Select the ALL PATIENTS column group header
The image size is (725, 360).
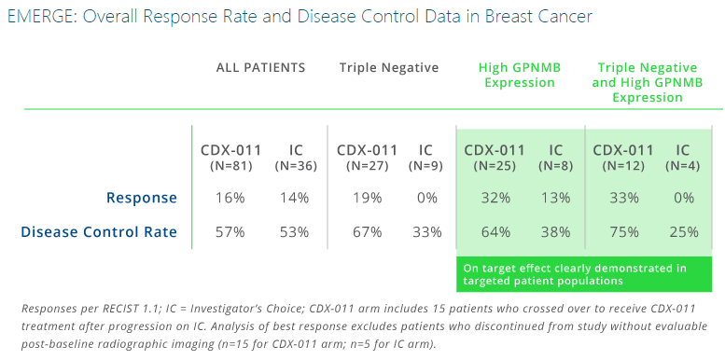click(260, 67)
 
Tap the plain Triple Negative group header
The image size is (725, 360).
click(388, 67)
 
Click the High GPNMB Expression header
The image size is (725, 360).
click(516, 75)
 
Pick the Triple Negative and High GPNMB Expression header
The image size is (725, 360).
click(647, 82)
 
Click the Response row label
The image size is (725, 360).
click(141, 198)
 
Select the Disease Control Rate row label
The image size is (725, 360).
click(100, 231)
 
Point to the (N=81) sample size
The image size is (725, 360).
click(230, 166)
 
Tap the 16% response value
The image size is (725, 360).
click(230, 198)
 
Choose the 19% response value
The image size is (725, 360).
click(367, 198)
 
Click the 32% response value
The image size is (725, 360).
click(495, 198)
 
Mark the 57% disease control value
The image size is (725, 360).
click(230, 231)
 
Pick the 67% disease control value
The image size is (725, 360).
click(367, 231)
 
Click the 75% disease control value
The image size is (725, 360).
click(623, 231)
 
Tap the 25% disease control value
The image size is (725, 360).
click(683, 231)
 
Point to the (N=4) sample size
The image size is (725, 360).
click(683, 166)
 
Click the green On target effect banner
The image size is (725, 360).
click(583, 274)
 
